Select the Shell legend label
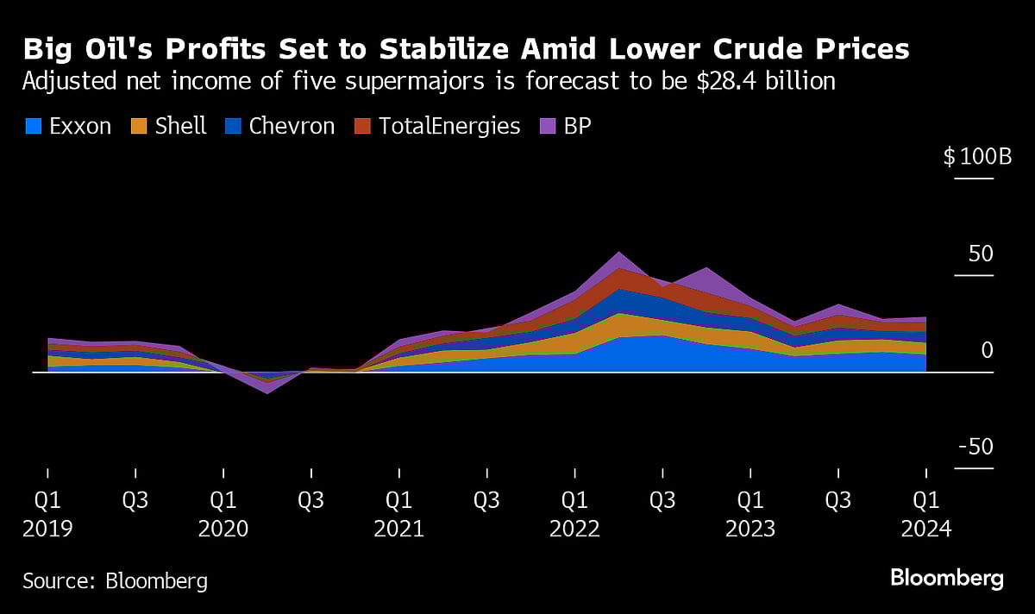[x=181, y=126]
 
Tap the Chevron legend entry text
[x=292, y=126]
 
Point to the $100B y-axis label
[x=977, y=158]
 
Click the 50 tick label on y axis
[x=981, y=254]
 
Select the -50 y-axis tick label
[x=975, y=448]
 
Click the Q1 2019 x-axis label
[x=47, y=514]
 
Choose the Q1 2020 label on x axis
[x=223, y=514]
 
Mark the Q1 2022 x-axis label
[x=575, y=514]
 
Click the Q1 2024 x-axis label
[x=926, y=514]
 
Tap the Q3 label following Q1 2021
[x=487, y=500]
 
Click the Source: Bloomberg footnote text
[x=115, y=580]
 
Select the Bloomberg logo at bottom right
[x=946, y=578]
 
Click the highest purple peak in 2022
[x=618, y=254]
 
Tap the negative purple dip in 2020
[x=267, y=392]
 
